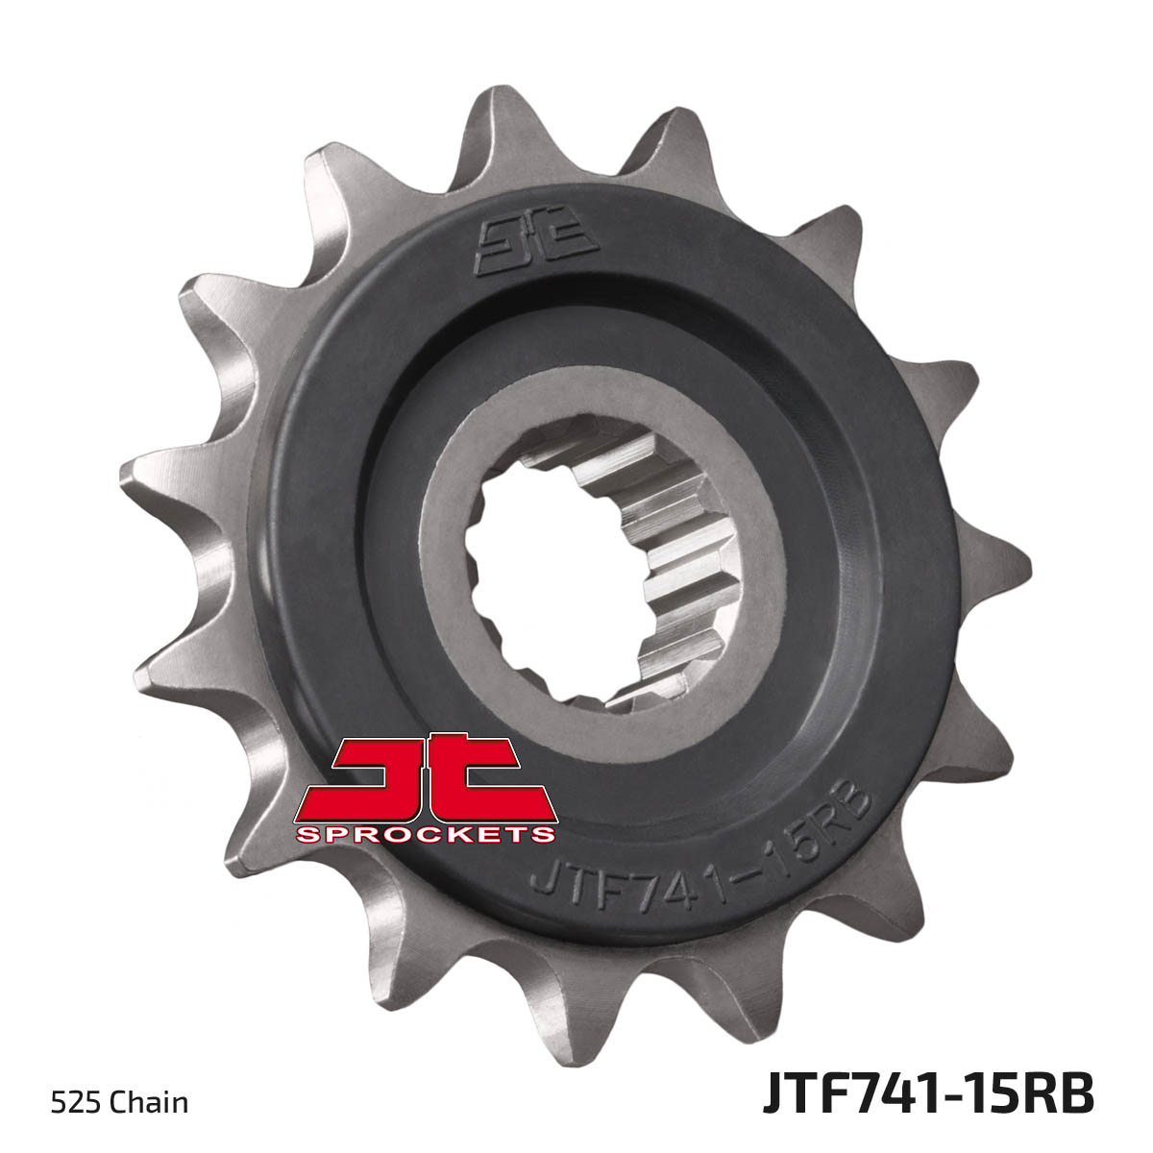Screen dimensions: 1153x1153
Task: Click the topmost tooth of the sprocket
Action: click(493, 129)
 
